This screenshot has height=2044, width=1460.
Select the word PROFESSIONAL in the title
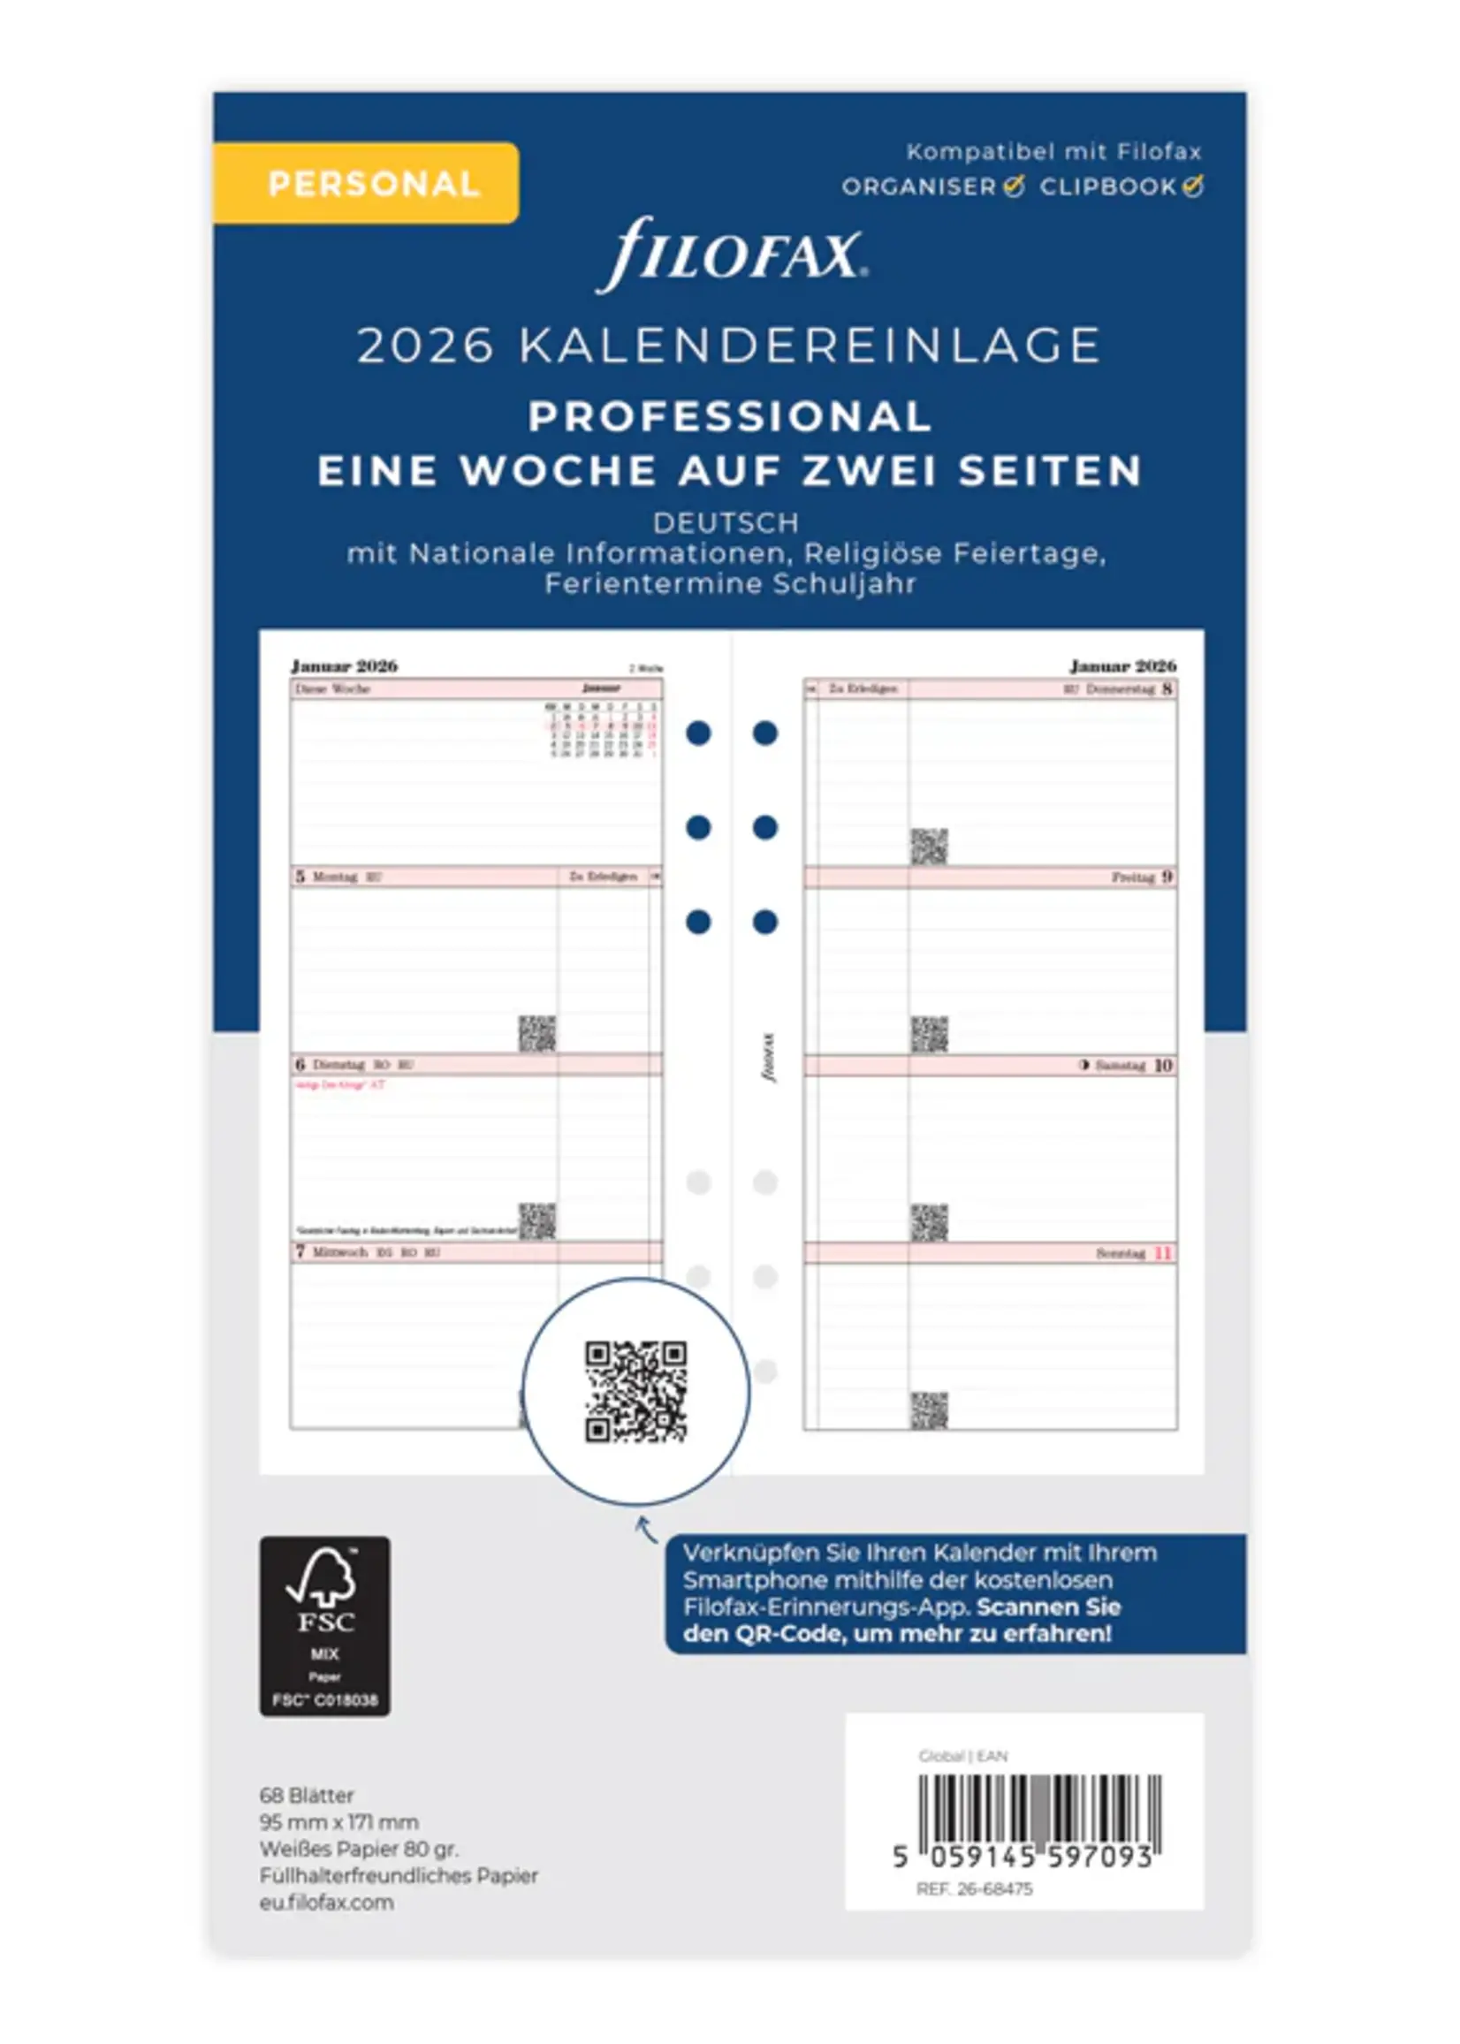[x=729, y=416]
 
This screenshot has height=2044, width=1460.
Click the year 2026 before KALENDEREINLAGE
[x=425, y=346]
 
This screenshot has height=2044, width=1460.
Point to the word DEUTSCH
[x=726, y=522]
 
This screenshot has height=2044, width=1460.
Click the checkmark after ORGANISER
[x=1014, y=186]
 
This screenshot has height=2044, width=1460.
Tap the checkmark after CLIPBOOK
[x=1193, y=186]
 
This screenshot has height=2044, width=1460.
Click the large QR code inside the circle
[x=635, y=1392]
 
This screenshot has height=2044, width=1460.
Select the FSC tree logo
[x=321, y=1578]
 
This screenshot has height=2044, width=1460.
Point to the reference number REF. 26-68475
[x=974, y=1888]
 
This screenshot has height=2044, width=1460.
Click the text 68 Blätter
[x=307, y=1795]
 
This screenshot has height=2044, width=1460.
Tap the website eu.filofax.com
[x=326, y=1902]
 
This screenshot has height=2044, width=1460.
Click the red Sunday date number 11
[x=1163, y=1253]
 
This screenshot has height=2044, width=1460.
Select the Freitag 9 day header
[x=1142, y=877]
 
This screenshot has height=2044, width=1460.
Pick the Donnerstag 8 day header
[x=1129, y=689]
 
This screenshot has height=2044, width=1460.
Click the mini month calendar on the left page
[x=602, y=731]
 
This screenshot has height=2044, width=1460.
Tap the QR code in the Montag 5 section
[x=536, y=1034]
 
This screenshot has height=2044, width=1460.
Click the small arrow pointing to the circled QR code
[x=646, y=1528]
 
